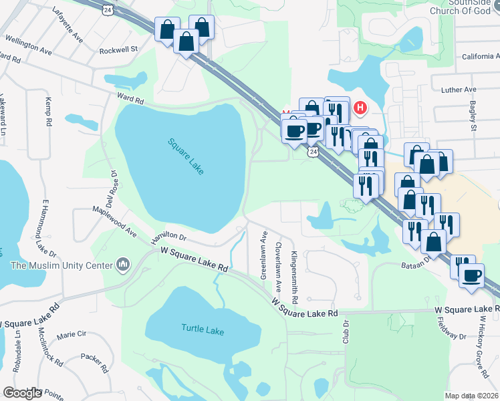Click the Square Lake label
(x=186, y=156)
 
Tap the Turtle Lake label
(x=203, y=329)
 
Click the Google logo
(x=23, y=393)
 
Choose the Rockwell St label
(x=118, y=49)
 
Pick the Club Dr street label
(x=346, y=331)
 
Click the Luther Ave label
(x=454, y=90)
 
